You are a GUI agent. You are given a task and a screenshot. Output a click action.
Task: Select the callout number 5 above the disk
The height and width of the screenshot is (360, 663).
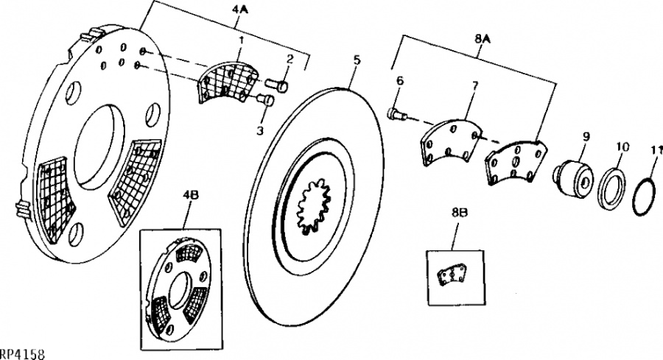tap(357, 60)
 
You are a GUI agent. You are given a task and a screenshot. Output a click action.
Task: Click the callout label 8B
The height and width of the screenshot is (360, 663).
tap(459, 213)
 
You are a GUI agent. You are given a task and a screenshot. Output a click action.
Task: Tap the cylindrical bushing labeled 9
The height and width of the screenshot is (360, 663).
tap(574, 180)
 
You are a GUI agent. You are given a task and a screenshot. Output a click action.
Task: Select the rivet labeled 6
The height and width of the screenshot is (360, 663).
tap(396, 113)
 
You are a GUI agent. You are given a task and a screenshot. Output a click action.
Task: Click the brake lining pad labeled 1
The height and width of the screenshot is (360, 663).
tap(228, 82)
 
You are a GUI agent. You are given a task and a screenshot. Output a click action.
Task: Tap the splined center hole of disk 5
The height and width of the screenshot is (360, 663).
tap(313, 205)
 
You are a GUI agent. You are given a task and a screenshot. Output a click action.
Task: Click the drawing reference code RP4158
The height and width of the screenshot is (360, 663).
tap(22, 354)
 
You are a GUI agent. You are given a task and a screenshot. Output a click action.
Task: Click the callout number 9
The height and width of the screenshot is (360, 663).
tap(586, 137)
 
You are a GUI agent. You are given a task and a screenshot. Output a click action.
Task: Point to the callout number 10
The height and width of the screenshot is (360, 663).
tap(622, 147)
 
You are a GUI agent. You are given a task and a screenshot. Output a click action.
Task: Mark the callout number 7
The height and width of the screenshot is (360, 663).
tap(474, 87)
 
